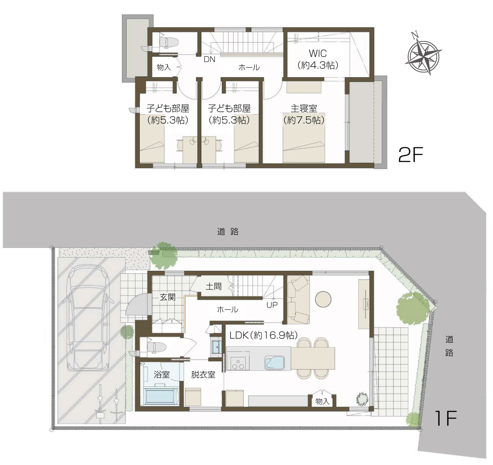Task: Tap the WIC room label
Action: (x=318, y=53)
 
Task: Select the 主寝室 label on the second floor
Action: (x=304, y=108)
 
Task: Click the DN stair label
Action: (x=210, y=59)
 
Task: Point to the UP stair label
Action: (x=272, y=305)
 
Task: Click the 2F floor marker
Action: (x=411, y=155)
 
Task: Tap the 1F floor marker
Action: (x=445, y=418)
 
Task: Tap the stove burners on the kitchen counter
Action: (x=238, y=363)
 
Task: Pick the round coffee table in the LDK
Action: (x=323, y=299)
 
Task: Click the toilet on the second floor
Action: (x=168, y=42)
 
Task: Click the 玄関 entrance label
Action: (x=168, y=297)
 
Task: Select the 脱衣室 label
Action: (x=203, y=375)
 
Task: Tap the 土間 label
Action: (x=213, y=286)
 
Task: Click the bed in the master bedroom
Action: (x=303, y=138)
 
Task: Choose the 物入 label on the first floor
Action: (x=322, y=401)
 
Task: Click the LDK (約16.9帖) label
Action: (x=263, y=335)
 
